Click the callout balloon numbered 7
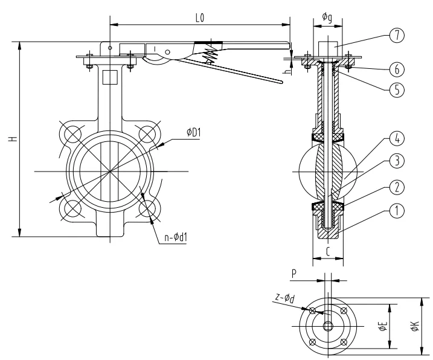(396, 34)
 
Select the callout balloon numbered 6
(396, 68)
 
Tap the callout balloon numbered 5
(396, 89)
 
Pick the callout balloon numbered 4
(396, 138)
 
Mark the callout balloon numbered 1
(396, 211)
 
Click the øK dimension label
(415, 327)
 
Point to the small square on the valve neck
(109, 77)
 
